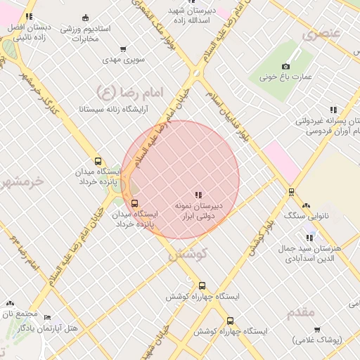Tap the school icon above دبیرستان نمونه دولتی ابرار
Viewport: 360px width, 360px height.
pyautogui.click(x=198, y=194)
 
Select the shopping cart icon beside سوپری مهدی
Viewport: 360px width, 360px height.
pyautogui.click(x=123, y=49)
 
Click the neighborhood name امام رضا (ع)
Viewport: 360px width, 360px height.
pyautogui.click(x=129, y=91)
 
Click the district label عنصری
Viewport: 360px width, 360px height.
pyautogui.click(x=321, y=34)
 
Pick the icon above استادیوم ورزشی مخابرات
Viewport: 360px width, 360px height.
pyautogui.click(x=86, y=17)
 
